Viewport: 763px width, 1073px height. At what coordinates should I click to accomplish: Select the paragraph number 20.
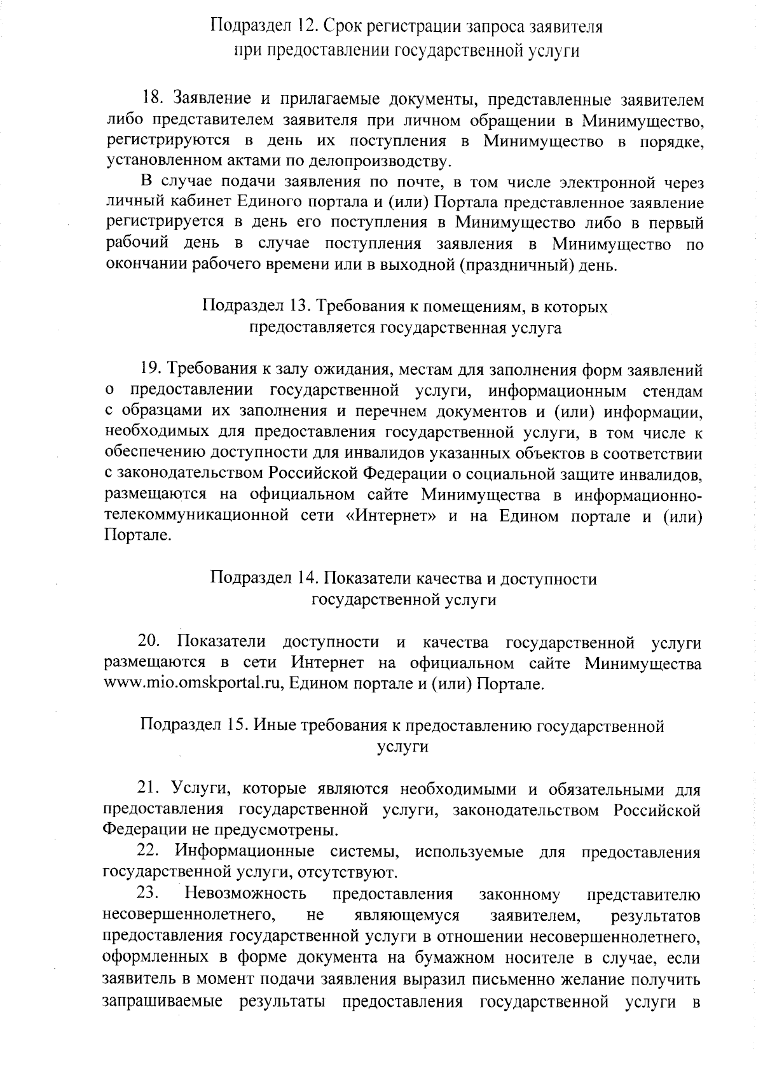click(x=151, y=642)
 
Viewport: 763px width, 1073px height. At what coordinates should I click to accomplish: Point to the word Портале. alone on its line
click(x=137, y=536)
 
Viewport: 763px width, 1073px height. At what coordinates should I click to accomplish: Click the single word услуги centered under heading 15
click(x=402, y=747)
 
